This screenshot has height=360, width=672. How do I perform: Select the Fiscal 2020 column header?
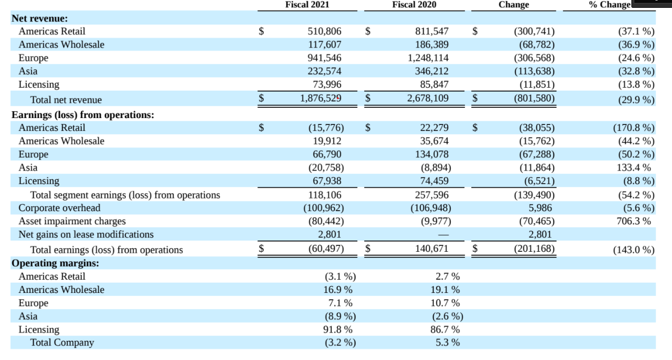(x=414, y=5)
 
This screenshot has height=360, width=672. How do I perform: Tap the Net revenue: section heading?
(x=40, y=18)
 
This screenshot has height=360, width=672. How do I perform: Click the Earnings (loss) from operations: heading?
(x=83, y=115)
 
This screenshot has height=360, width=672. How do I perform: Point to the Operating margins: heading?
(x=55, y=263)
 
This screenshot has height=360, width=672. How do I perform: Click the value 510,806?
(x=324, y=31)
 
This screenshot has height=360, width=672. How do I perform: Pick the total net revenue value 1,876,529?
(x=321, y=98)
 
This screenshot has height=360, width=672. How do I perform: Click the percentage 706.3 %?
(x=634, y=221)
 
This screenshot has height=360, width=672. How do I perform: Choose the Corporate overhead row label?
(x=59, y=208)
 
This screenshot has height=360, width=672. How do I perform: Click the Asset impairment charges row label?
(x=72, y=221)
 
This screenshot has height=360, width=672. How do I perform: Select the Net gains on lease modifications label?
(x=86, y=234)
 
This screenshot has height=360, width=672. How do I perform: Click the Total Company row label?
(x=62, y=342)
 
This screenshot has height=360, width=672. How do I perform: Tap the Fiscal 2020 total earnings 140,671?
(x=431, y=249)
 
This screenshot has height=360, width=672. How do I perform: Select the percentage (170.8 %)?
(x=633, y=128)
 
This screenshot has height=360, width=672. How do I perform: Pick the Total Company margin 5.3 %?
(x=447, y=342)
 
